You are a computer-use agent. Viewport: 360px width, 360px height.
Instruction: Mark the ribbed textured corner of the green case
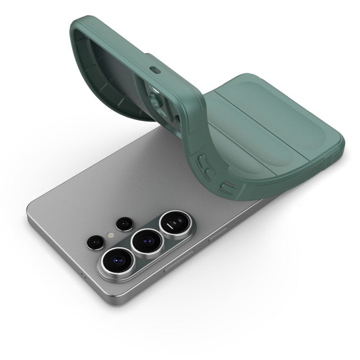coord(265,187)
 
